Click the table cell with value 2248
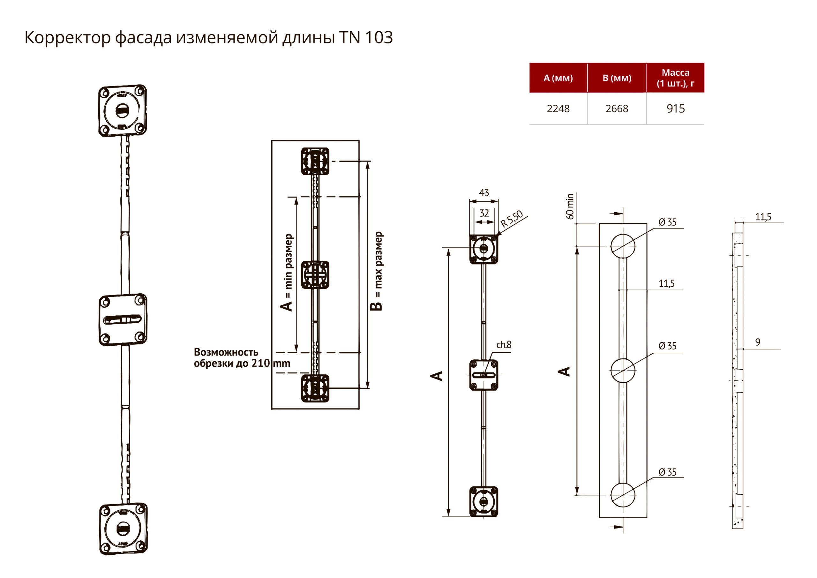(558, 109)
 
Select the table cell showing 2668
(617, 109)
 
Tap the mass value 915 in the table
(675, 109)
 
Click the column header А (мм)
(558, 78)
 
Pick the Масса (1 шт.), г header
(675, 78)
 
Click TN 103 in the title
(366, 37)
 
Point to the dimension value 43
(484, 192)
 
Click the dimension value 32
(484, 213)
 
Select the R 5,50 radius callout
(512, 219)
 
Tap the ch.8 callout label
(504, 344)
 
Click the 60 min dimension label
(570, 206)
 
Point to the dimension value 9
(758, 342)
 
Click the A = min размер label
(288, 272)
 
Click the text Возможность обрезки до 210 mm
(242, 358)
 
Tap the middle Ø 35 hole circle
(623, 371)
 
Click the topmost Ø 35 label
(667, 222)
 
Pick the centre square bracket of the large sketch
(123, 319)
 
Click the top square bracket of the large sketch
(123, 111)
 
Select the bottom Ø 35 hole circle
(623, 495)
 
